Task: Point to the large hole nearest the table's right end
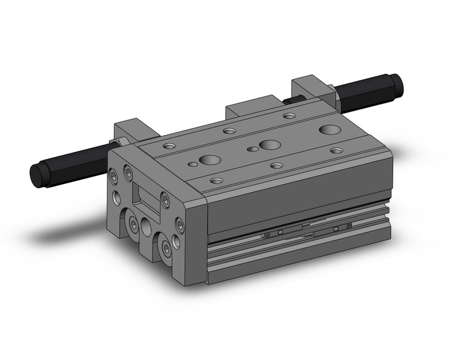coord(330,129)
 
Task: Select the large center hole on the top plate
coord(268,145)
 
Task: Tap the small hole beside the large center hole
coord(251,149)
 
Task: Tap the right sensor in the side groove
coord(336,228)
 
